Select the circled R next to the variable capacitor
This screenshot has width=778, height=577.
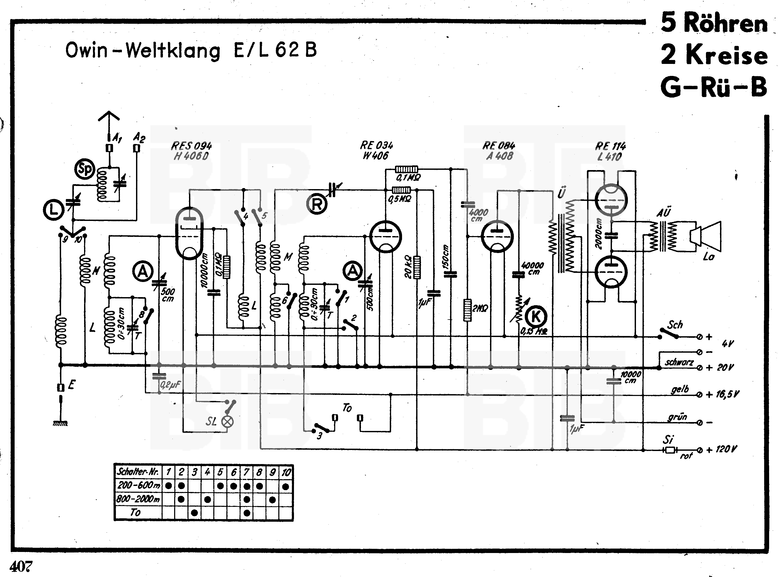point(316,204)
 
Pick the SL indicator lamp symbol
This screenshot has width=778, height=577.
point(228,421)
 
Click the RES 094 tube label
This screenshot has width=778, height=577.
point(191,146)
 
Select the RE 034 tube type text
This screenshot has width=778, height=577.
point(376,145)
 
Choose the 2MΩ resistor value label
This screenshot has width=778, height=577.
point(480,308)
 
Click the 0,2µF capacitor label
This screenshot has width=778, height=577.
point(170,384)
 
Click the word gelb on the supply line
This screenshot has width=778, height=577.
point(680,389)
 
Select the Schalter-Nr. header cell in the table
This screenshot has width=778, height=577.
point(138,472)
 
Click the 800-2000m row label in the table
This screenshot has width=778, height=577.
point(138,499)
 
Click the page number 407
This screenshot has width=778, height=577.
point(21,566)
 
